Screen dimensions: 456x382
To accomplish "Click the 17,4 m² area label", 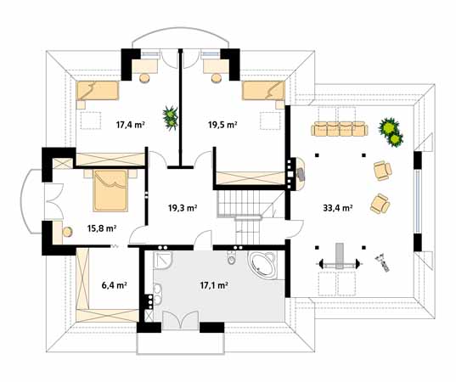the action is [131, 125].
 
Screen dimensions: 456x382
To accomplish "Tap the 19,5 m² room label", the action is [222, 125].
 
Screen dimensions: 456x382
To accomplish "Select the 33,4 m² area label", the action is [338, 208].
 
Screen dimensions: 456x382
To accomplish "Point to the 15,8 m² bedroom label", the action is [102, 228].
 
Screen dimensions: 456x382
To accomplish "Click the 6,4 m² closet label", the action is [114, 285].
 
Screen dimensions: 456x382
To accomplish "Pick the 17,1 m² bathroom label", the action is [214, 285].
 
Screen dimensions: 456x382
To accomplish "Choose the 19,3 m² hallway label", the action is [183, 208].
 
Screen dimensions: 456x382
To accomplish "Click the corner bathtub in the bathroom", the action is [262, 264].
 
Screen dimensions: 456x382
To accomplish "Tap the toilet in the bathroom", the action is [232, 257].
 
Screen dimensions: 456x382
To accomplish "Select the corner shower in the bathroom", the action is [163, 261].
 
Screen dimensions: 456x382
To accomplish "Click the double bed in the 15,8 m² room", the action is [110, 191].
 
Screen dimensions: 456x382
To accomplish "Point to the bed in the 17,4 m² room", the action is [98, 91].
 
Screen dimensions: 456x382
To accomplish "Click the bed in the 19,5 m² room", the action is [263, 91].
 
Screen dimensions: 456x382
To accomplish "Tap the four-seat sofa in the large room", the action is [340, 129].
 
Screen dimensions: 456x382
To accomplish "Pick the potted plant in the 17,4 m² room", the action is [171, 118].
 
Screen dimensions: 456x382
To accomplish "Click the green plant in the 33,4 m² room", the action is [391, 132].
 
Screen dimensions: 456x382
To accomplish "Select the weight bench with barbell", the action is [340, 263].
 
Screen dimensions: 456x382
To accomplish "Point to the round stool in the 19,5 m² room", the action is [216, 78].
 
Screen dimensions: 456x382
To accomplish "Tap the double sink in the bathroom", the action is [157, 294].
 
